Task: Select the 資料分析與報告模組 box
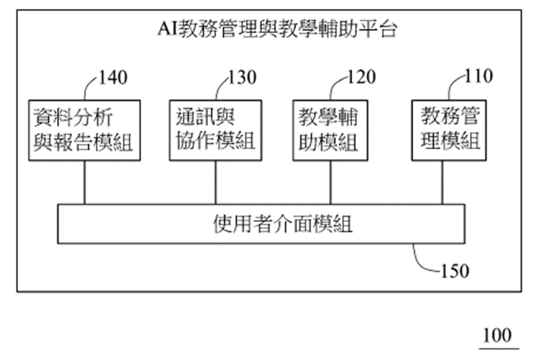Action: click(84, 129)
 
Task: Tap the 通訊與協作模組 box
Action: click(215, 129)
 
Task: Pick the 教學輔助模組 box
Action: click(330, 129)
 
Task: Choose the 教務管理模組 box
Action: click(447, 129)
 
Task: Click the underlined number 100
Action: click(496, 334)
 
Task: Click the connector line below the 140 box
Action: click(84, 182)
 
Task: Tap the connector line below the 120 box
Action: click(330, 182)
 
